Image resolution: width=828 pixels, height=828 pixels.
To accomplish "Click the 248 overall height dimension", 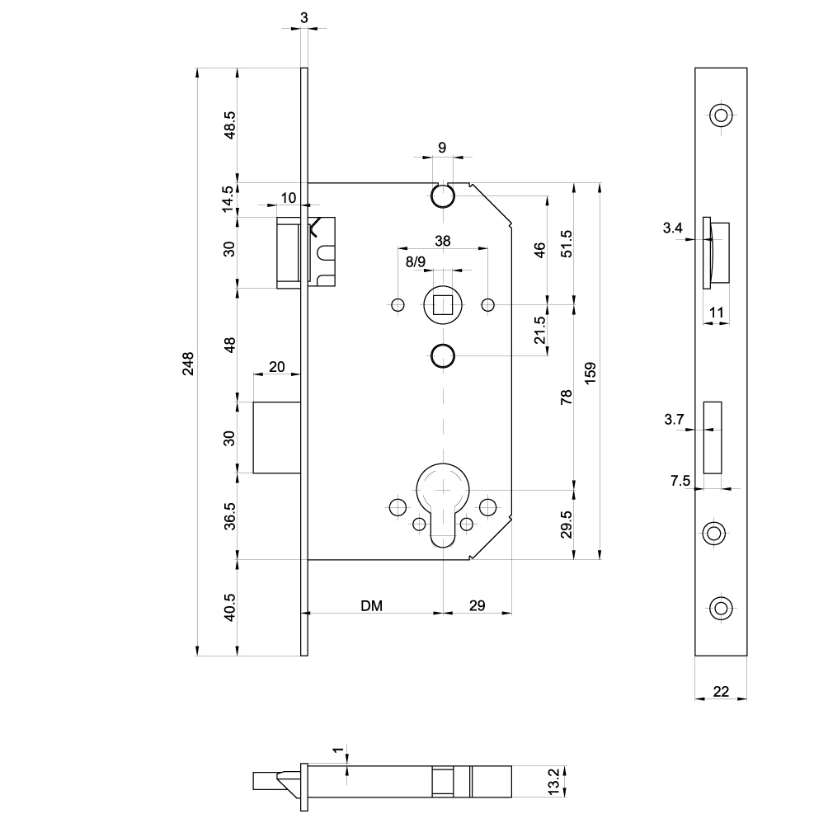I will pos(188,364).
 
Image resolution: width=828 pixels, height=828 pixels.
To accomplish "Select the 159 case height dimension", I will pos(590,372).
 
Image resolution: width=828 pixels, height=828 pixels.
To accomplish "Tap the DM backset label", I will pos(371,605).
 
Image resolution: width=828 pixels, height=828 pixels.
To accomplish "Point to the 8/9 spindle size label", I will pos(415,262).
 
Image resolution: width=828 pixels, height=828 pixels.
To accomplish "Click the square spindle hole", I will pos(443,306).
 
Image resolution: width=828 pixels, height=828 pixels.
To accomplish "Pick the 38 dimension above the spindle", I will pos(443,241).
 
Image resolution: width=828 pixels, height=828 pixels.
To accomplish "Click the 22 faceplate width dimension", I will pos(721,691).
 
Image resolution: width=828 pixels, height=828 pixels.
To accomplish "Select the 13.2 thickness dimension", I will pos(555,782).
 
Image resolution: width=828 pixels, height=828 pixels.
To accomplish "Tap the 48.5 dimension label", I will pos(230,125).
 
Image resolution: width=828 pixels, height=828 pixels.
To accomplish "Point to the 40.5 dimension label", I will pos(230,606).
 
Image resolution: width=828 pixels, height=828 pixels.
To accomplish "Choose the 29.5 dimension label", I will pos(565,525).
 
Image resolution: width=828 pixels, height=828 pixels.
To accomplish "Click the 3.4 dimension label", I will pos(673,229).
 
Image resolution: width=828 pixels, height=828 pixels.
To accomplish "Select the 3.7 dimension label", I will pos(675,420).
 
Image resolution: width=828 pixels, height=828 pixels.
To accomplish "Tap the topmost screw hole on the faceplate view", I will pos(722,115).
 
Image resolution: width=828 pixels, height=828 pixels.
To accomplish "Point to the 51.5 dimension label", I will pos(565,245).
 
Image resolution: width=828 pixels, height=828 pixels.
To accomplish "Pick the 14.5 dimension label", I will pos(230,200).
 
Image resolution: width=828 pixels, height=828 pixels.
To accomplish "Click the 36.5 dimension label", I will pos(230,516).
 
